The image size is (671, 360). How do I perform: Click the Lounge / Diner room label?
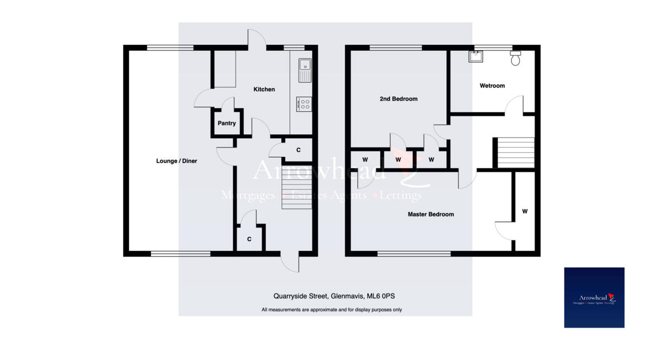pos(176,161)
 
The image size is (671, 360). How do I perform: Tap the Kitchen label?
pos(264,89)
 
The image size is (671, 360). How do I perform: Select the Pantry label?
pos(226,124)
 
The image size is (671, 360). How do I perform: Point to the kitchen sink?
pos(305,69)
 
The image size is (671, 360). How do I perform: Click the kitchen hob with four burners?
pos(305,103)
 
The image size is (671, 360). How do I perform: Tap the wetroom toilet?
pos(516,57)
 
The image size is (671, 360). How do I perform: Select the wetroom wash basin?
pos(476,56)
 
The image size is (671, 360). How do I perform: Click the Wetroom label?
pos(492,86)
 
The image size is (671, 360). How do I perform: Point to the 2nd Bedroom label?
pos(398,99)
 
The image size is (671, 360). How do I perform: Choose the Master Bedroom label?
pos(431,214)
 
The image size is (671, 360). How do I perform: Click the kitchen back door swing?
pos(257,38)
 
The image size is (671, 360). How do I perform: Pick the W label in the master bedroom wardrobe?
pos(524,211)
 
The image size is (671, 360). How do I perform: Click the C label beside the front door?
pos(249,239)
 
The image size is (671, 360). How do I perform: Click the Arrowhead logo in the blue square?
pos(594,297)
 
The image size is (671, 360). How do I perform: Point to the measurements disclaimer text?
pos(331,310)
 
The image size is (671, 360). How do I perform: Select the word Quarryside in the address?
pos(283,296)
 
